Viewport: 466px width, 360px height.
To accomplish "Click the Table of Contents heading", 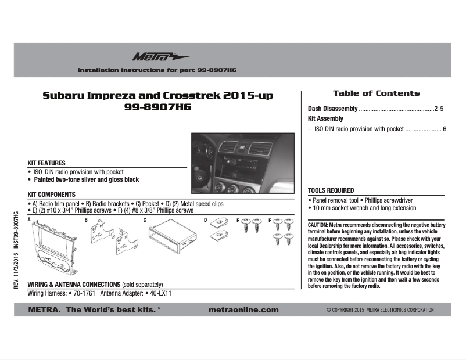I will pyautogui.click(x=376, y=93).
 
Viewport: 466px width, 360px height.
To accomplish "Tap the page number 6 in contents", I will pyautogui.click(x=444, y=129).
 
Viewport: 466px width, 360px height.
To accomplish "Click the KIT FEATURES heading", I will pyautogui.click(x=46, y=163).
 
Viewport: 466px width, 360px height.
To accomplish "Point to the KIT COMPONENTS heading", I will pyautogui.click(x=52, y=195).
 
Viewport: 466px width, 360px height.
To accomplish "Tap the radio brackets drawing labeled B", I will pyautogui.click(x=112, y=240).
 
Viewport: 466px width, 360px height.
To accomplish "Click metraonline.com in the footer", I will pyautogui.click(x=243, y=310).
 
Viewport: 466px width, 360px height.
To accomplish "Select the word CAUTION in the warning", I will pyautogui.click(x=318, y=224).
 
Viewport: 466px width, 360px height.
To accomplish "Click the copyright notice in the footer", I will pyautogui.click(x=380, y=310).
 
